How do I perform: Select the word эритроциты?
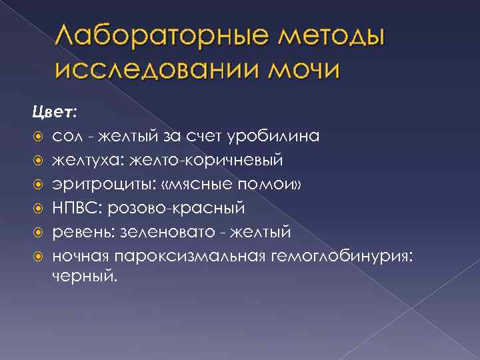coord(99,185)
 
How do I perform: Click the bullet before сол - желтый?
coord(39,137)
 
